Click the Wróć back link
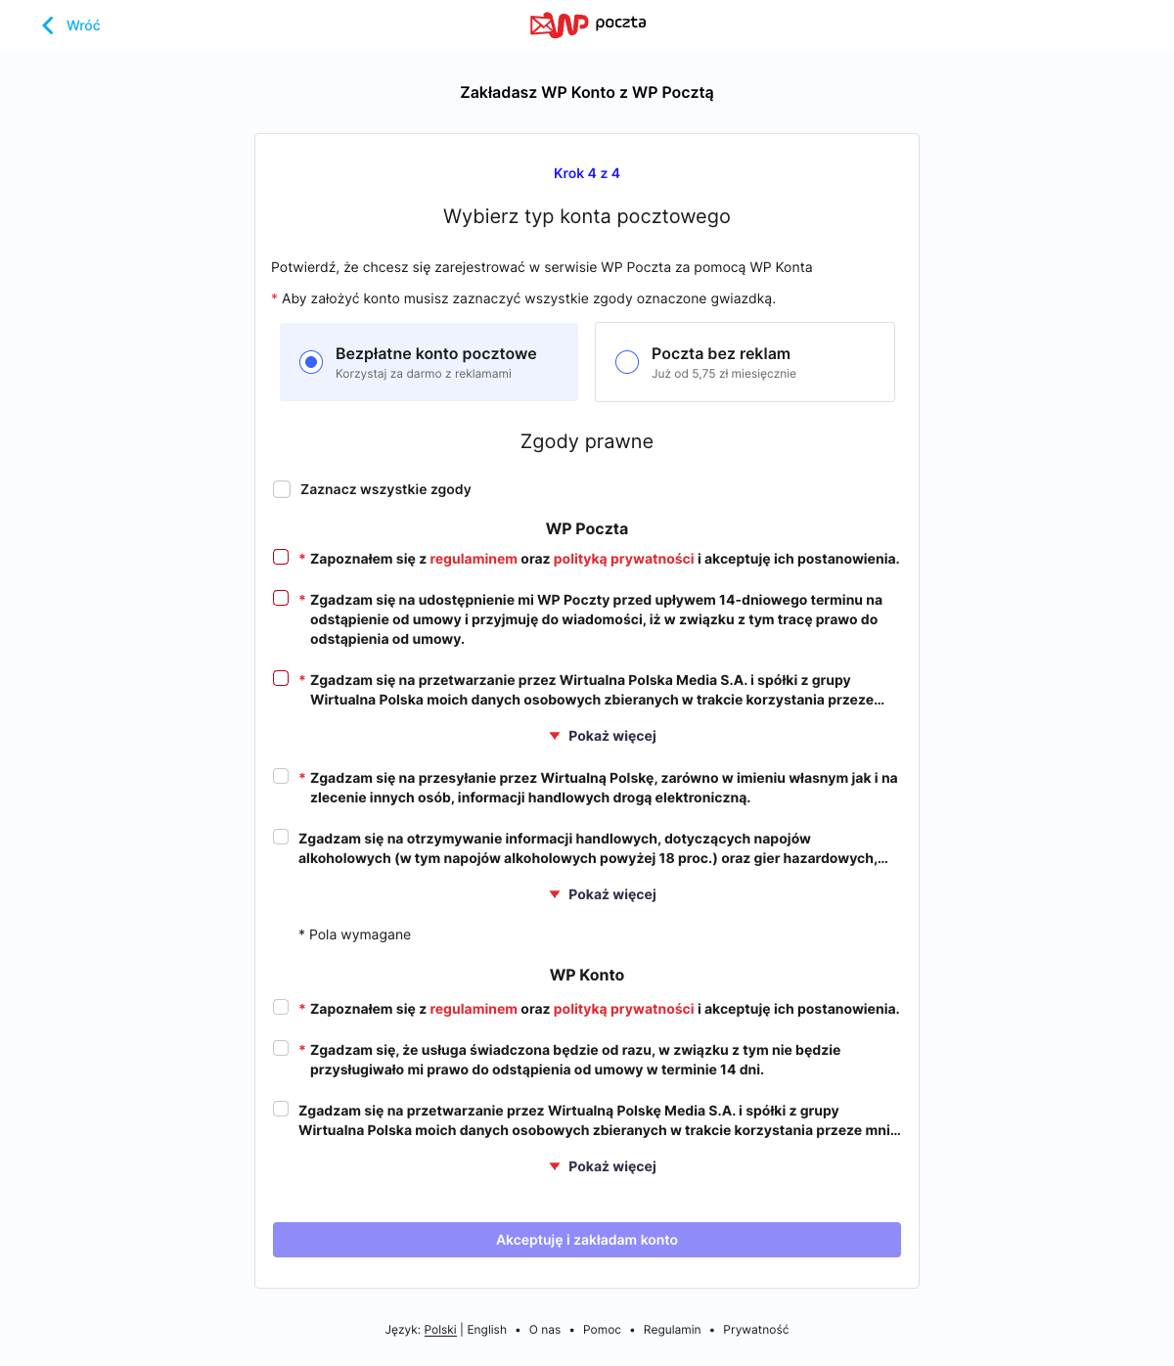tap(71, 25)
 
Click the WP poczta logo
tap(587, 24)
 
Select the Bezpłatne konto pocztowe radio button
tap(311, 362)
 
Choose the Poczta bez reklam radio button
tap(627, 362)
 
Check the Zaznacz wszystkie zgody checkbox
tap(282, 489)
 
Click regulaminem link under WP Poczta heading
tap(474, 559)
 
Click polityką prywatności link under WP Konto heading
tap(623, 1009)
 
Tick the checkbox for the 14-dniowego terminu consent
tap(281, 598)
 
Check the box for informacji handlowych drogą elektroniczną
tap(281, 776)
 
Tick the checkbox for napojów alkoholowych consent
tap(281, 837)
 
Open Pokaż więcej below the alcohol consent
tap(603, 894)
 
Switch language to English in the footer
tap(486, 1330)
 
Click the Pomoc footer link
tap(602, 1330)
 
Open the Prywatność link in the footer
tap(755, 1330)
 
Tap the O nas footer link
tap(545, 1330)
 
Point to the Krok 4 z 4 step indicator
tap(587, 173)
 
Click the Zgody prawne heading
tap(587, 441)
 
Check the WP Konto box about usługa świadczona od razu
tap(281, 1048)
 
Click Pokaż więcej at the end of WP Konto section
tap(603, 1166)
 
